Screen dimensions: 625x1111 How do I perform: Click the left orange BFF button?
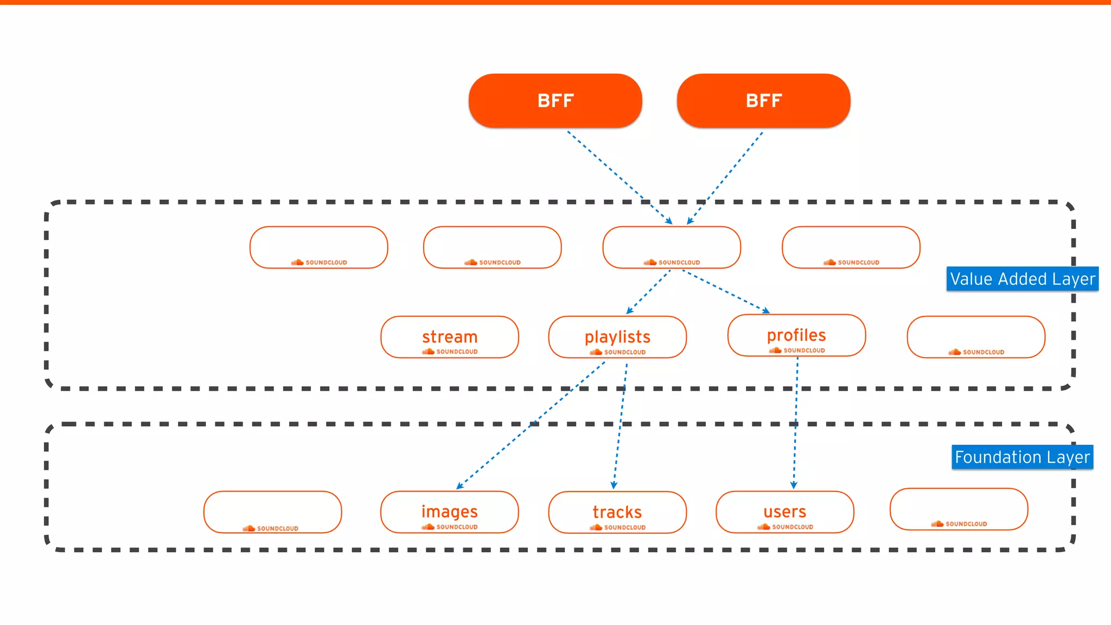(x=555, y=101)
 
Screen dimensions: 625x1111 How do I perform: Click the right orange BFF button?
(x=763, y=101)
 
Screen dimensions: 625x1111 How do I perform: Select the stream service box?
(x=450, y=337)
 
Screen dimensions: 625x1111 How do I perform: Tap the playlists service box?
(x=617, y=337)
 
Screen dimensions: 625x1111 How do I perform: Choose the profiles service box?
(x=796, y=335)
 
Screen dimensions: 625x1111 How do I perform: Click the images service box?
(x=450, y=512)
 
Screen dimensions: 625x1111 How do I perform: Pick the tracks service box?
(x=617, y=512)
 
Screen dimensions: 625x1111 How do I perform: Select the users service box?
(x=785, y=512)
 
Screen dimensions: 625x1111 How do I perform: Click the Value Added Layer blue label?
(x=1023, y=279)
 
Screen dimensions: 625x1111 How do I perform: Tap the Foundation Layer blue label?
(x=1022, y=457)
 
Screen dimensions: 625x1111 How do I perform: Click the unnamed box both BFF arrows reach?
(x=672, y=247)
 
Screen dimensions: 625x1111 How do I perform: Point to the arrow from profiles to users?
(x=796, y=423)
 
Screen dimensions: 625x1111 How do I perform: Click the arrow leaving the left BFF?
(x=618, y=176)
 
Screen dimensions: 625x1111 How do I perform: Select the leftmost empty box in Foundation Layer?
(x=273, y=512)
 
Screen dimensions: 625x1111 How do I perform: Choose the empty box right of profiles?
(x=976, y=337)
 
